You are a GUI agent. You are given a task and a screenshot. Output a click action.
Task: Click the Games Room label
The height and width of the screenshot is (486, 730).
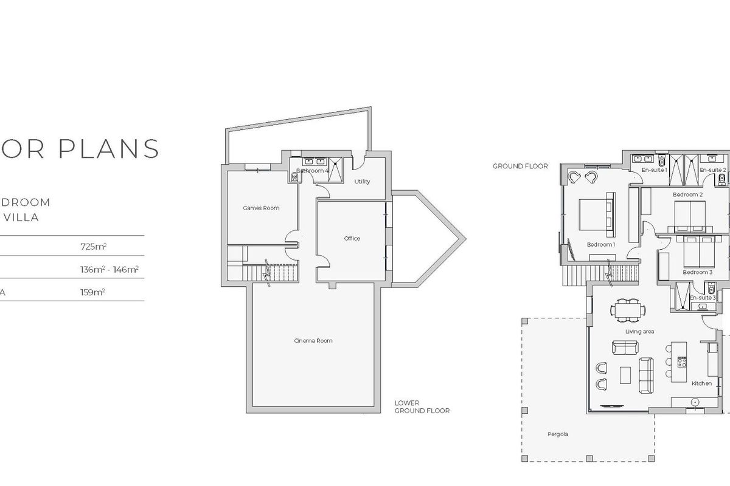[261, 208]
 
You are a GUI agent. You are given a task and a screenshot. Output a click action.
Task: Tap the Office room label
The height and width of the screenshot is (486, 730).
[352, 239]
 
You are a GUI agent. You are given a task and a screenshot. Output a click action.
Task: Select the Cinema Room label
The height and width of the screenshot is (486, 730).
[313, 341]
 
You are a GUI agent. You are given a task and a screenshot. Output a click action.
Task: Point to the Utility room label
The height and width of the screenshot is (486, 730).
[362, 182]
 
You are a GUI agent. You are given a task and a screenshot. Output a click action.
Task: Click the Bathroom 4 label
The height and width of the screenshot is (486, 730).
[313, 171]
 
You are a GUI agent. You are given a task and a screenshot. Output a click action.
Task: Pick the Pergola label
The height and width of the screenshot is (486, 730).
[557, 434]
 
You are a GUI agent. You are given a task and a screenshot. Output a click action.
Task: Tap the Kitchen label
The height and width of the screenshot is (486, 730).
[701, 383]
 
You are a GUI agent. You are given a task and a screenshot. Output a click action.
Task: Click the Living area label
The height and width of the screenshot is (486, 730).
[639, 332]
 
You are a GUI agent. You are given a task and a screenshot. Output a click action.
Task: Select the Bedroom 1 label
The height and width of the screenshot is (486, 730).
[601, 245]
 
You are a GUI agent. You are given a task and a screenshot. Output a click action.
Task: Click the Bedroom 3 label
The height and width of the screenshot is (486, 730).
[697, 273]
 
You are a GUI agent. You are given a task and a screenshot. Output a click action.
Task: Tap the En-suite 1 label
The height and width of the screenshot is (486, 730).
[655, 170]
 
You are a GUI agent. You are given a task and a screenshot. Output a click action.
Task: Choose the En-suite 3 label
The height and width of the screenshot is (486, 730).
[703, 298]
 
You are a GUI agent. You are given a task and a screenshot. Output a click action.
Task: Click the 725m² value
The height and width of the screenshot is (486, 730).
[93, 247]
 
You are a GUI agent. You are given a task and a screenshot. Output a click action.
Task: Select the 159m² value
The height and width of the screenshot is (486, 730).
[93, 292]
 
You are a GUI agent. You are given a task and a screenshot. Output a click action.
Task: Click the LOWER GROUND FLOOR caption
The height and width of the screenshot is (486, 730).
[422, 407]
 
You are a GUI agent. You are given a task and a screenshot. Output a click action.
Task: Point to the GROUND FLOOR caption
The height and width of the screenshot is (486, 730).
[520, 166]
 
